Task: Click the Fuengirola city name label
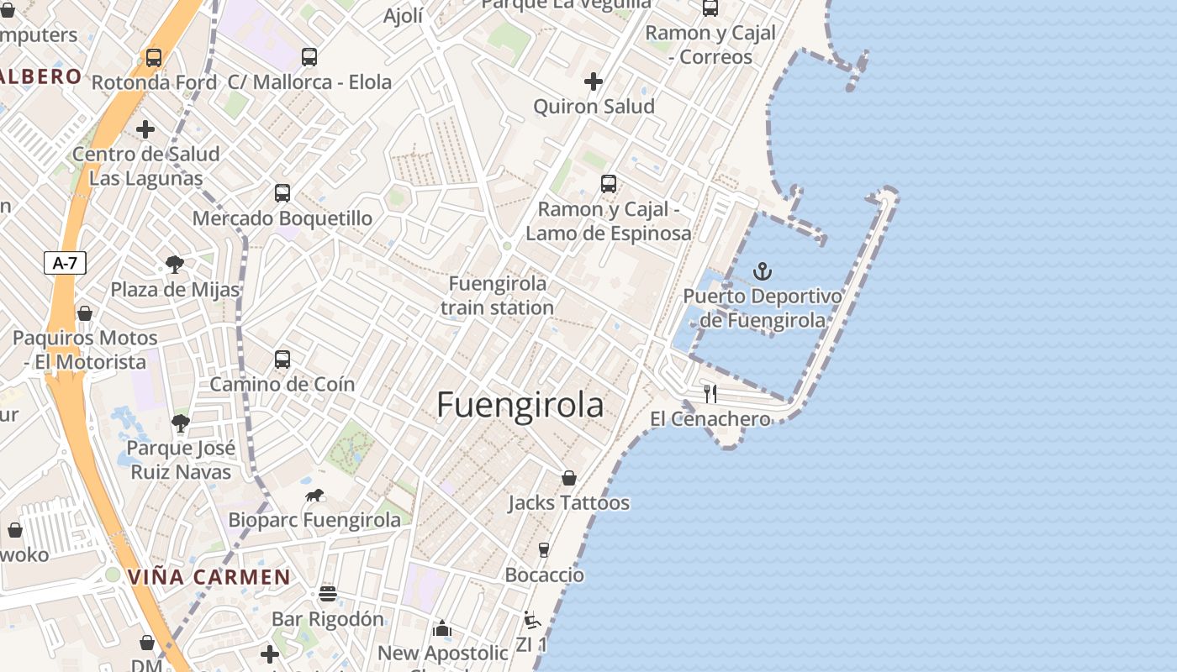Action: click(x=520, y=405)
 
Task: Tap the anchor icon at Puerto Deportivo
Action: click(x=763, y=271)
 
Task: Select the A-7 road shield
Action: click(x=65, y=263)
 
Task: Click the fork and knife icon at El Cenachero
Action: click(x=710, y=393)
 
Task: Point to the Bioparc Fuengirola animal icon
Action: click(x=315, y=495)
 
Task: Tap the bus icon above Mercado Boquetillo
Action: click(x=282, y=192)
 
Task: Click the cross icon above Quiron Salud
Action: click(x=594, y=81)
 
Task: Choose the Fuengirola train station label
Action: click(x=497, y=296)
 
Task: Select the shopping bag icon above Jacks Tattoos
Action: click(x=569, y=478)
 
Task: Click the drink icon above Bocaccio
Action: click(x=544, y=550)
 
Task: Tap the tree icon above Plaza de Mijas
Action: click(x=175, y=265)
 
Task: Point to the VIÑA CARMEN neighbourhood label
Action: click(x=209, y=578)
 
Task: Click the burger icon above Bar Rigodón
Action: click(x=328, y=594)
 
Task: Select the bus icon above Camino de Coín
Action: click(x=282, y=359)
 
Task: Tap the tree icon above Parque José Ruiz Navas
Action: click(x=180, y=423)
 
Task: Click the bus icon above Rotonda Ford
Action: click(x=154, y=57)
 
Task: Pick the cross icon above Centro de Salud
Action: click(x=145, y=129)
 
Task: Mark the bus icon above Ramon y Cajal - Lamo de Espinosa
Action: click(x=609, y=183)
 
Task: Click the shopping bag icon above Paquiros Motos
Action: click(x=85, y=313)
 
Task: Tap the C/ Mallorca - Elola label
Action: click(x=310, y=82)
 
